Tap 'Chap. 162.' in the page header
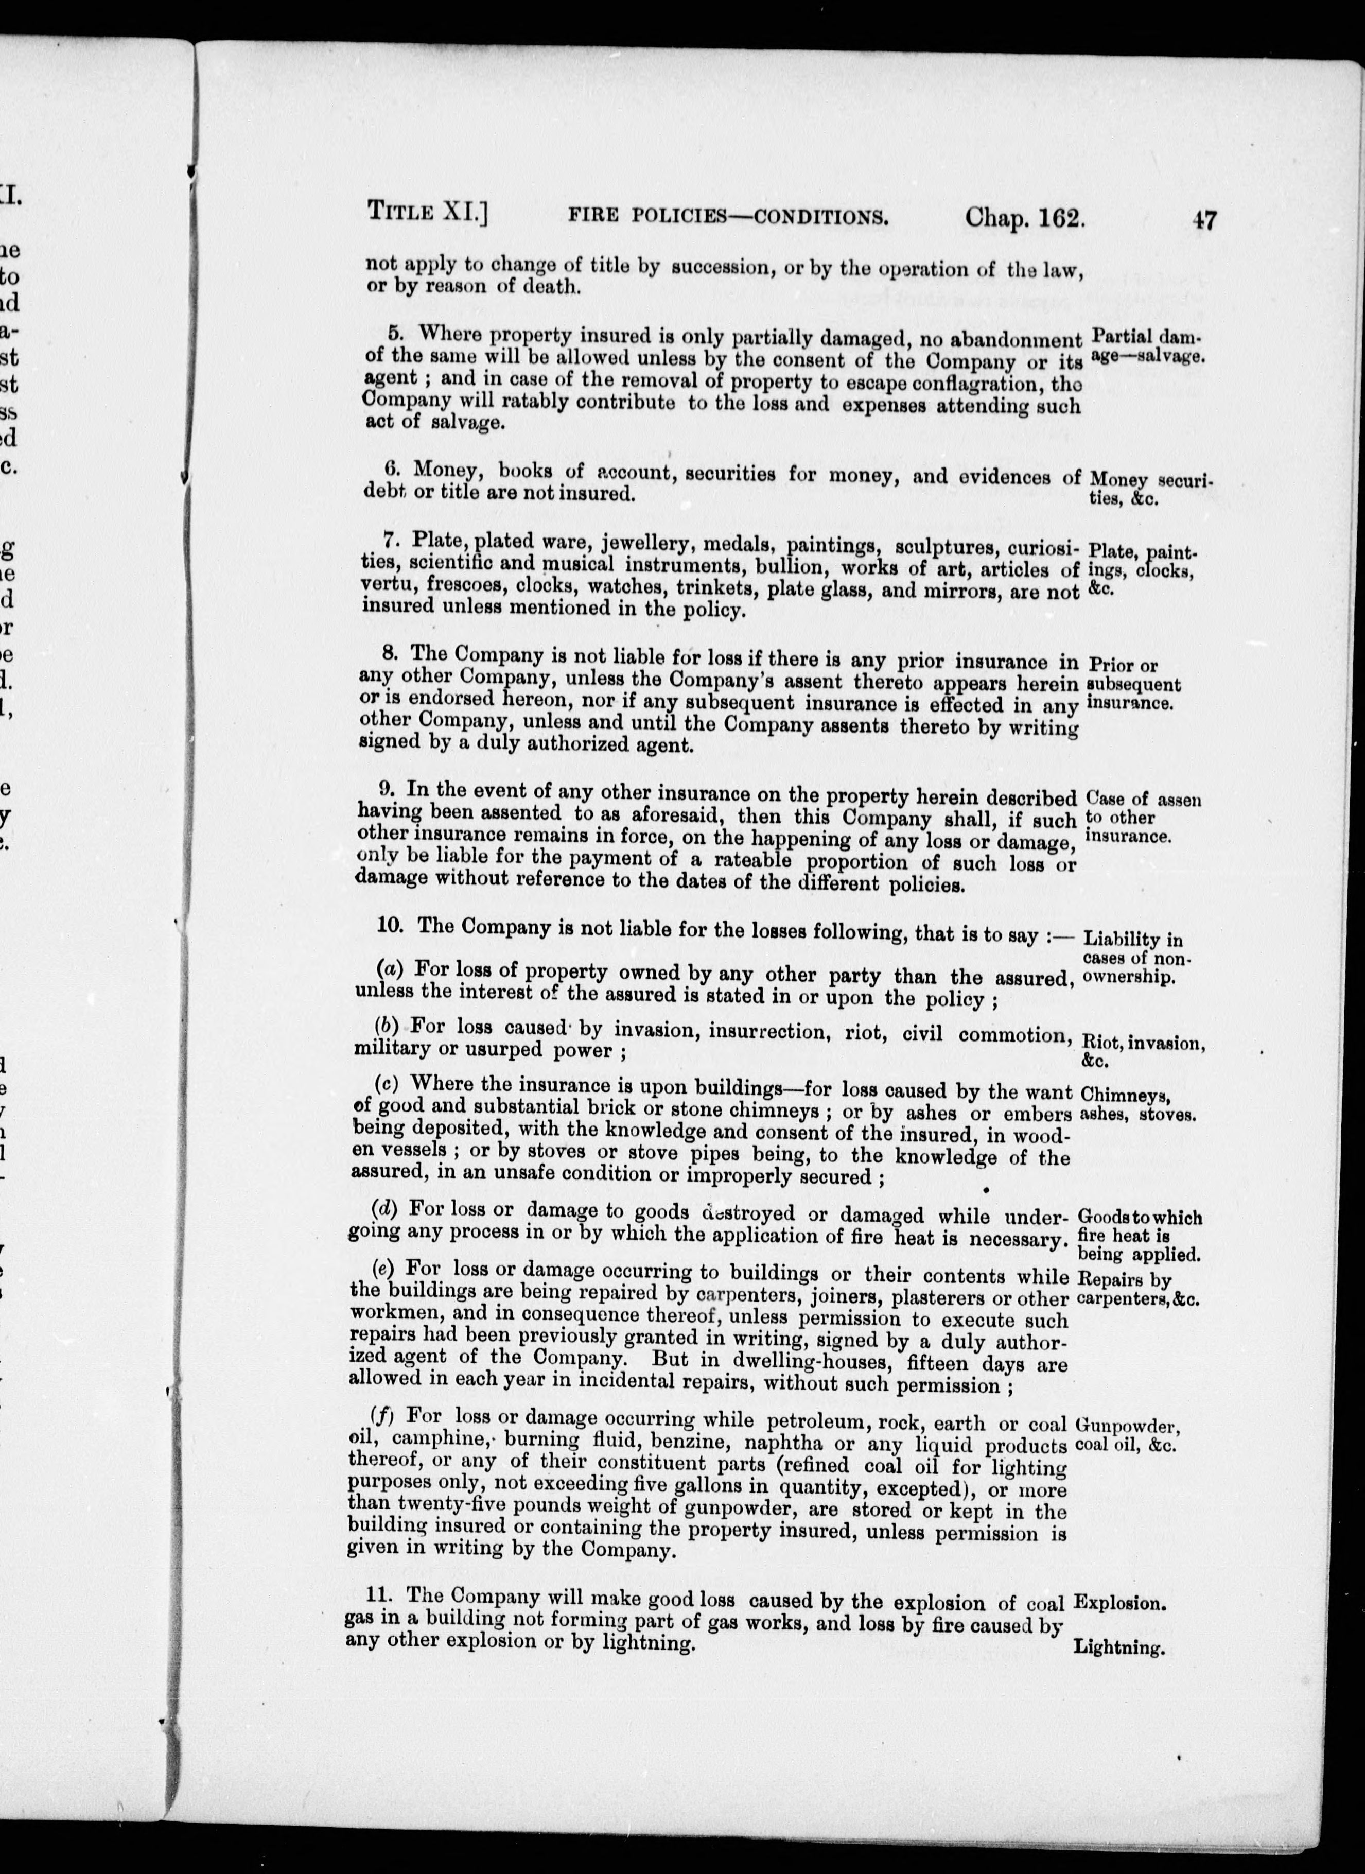click(x=1025, y=218)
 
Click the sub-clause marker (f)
click(x=382, y=1415)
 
